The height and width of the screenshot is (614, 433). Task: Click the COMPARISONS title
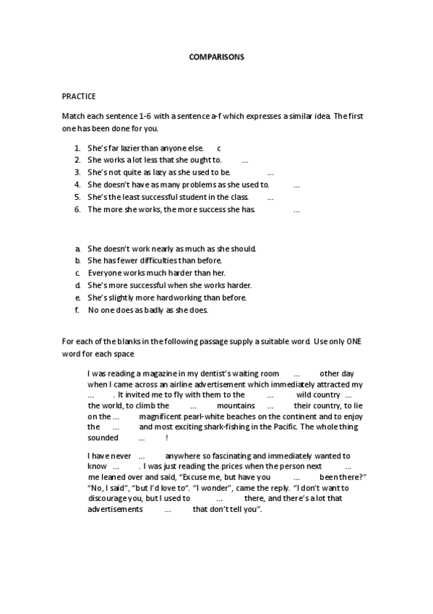pos(216,56)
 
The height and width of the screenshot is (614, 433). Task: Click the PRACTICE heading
pos(79,96)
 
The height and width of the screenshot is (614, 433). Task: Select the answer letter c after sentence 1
pos(218,148)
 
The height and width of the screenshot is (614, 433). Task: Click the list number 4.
pos(77,185)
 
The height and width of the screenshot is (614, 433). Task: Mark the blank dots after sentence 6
pos(296,209)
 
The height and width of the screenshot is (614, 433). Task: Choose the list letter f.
pos(77,310)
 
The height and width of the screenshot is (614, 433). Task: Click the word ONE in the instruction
pos(353,342)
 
